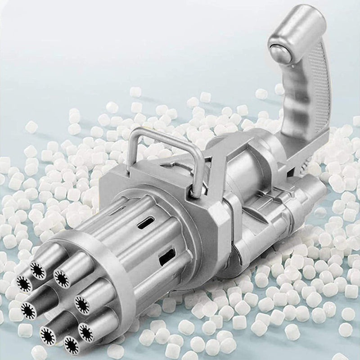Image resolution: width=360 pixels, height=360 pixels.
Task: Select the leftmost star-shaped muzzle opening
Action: click(23, 283)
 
